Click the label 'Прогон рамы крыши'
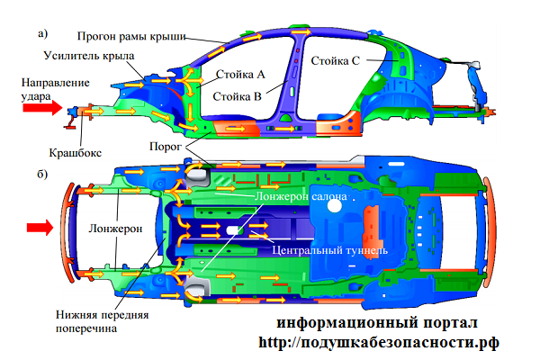pos(131,36)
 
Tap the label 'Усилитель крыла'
pos(89,56)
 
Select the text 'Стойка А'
pos(240,74)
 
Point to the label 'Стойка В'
pos(238,96)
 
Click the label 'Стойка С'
pos(335,61)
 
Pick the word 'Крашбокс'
pos(76,153)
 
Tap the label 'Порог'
pos(166,147)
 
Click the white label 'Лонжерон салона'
pos(301,196)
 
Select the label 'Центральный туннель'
pos(330,250)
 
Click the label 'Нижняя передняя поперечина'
pos(102,321)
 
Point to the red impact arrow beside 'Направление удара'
pos(42,108)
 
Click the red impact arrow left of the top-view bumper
pos(40,228)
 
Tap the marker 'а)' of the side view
pos(42,34)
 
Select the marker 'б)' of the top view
pos(42,174)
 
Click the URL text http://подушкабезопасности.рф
pos(379,342)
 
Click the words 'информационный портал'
pos(377,323)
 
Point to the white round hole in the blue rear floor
pos(334,206)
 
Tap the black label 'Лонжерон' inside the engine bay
pos(115,229)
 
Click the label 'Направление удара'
pos(55,89)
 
